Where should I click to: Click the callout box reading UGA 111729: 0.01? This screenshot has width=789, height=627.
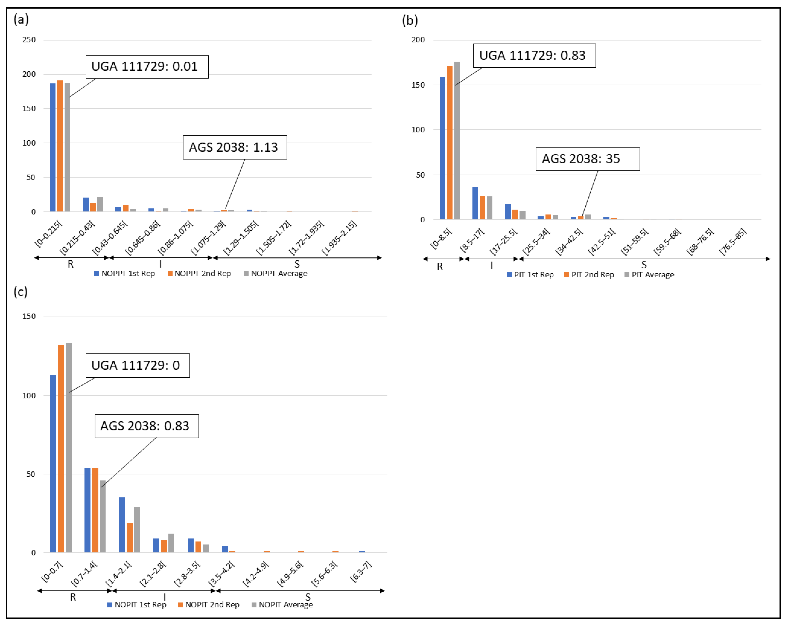(147, 67)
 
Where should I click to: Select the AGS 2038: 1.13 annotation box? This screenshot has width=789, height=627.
(235, 147)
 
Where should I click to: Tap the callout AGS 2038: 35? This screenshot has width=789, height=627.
(587, 159)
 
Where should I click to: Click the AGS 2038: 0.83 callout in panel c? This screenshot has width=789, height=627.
(146, 426)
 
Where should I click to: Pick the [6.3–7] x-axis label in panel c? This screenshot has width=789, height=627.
(361, 571)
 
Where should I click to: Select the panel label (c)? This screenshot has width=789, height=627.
(20, 292)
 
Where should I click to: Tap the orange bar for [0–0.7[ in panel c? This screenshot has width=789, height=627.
(61, 449)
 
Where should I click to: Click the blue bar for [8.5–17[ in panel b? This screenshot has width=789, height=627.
(475, 203)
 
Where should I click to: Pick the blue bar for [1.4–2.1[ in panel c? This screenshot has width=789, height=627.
(122, 525)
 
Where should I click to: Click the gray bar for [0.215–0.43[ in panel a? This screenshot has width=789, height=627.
(100, 204)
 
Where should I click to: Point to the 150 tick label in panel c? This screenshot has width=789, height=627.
(29, 316)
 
